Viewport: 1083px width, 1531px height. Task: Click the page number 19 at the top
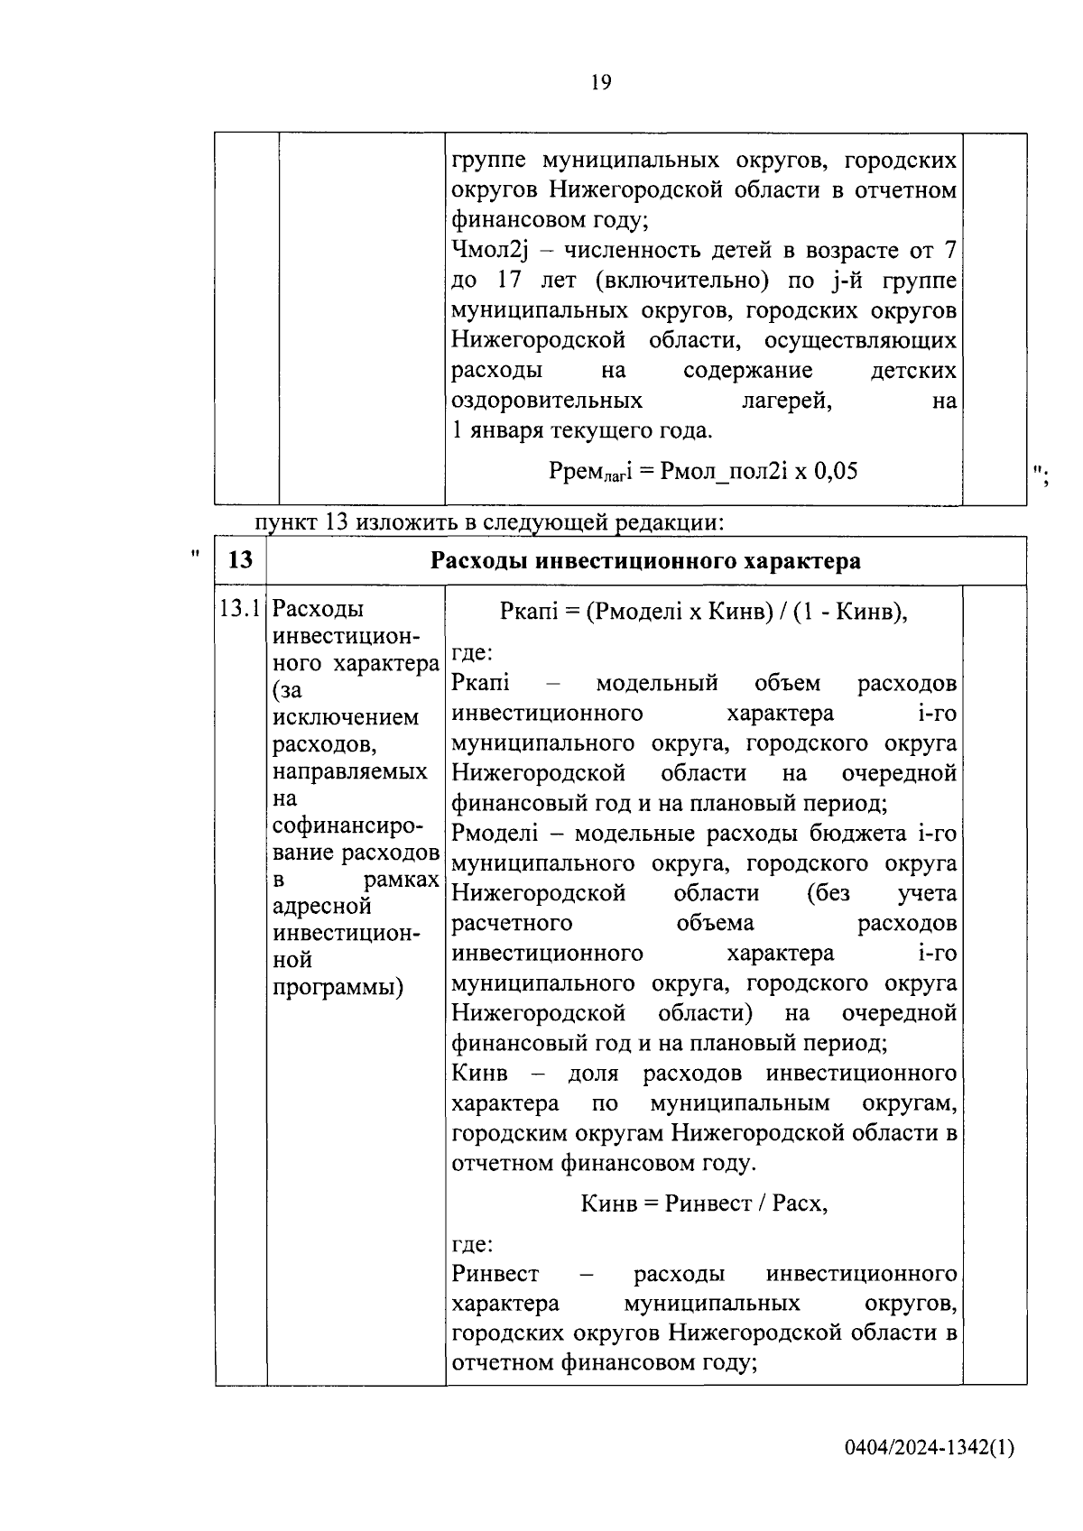pos(601,84)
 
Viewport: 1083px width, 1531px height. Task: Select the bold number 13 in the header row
pos(240,560)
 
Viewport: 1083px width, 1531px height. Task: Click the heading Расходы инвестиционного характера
pos(645,561)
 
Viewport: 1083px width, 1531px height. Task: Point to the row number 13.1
pos(240,609)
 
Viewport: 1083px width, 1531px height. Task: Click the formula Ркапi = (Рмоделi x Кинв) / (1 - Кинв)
pos(703,612)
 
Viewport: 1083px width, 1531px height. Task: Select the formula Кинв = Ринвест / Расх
pos(703,1204)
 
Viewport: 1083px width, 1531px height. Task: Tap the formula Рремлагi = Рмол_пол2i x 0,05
pos(703,471)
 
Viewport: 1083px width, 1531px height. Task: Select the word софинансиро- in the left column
pos(347,825)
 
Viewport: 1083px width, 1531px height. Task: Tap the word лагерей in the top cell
pos(786,401)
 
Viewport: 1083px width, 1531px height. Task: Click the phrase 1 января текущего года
pos(582,430)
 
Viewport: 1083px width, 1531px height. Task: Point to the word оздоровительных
pos(547,401)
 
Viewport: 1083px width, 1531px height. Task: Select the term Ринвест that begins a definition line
pos(495,1274)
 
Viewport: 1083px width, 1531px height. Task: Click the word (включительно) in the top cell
pos(681,281)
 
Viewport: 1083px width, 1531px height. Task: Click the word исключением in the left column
pos(346,718)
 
